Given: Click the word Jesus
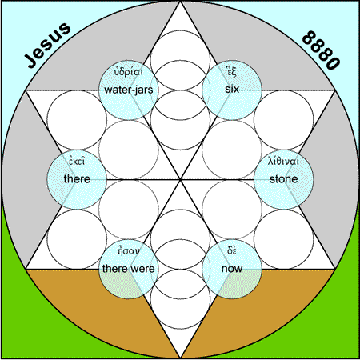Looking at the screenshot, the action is tap(47, 45).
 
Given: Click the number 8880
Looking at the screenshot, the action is tap(322, 50).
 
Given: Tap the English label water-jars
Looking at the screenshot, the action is tap(129, 90).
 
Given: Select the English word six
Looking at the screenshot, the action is tap(232, 89).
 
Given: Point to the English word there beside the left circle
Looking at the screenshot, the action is tap(77, 178).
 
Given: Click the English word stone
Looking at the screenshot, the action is tap(283, 179).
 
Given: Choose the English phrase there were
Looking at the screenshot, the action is tap(128, 268).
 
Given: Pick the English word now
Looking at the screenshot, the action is tap(232, 269).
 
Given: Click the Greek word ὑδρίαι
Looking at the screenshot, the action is tap(129, 72).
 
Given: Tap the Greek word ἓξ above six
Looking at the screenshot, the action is tap(231, 72).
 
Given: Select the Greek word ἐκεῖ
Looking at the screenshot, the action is tap(77, 162).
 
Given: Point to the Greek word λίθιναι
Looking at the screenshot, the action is tap(283, 161).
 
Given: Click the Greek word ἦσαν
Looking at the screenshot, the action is tap(129, 251).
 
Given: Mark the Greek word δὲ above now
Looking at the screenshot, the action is tap(232, 250).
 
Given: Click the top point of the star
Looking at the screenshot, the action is tap(180, 2).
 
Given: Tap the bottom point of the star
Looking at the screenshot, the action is tap(180, 358).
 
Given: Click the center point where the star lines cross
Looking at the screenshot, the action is tap(180, 180).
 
